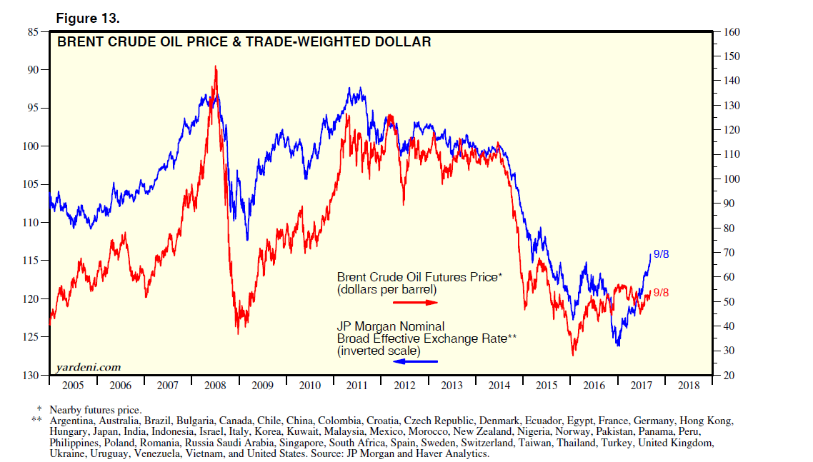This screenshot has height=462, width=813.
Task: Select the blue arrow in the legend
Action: [x=414, y=361]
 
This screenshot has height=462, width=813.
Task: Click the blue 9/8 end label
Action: [x=660, y=253]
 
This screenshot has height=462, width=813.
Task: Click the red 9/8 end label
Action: [x=660, y=293]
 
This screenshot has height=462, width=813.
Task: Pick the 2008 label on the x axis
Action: [x=215, y=386]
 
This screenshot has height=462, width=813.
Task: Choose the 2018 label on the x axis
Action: [x=689, y=386]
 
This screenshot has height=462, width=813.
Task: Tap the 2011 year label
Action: [x=357, y=386]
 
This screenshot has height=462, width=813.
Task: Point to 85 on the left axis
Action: [x=34, y=31]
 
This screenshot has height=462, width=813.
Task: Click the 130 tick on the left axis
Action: [x=31, y=376]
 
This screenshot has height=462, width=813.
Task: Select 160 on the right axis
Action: [x=732, y=32]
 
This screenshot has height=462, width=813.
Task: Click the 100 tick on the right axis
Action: [x=732, y=179]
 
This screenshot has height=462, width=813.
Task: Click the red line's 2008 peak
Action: [x=216, y=67]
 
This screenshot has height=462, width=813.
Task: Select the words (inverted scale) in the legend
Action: [x=379, y=351]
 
